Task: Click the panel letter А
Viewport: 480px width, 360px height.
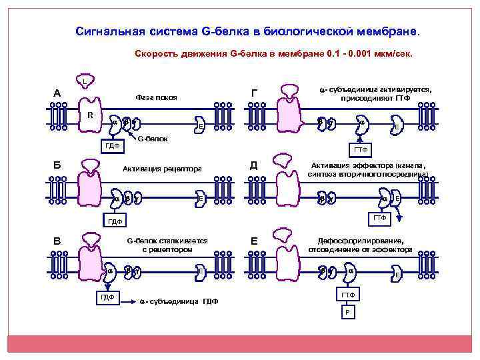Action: pos(57,93)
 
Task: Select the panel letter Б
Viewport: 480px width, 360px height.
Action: pos(57,165)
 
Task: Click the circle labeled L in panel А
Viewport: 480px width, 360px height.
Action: pos(85,82)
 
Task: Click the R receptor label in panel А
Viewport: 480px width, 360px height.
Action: pos(89,114)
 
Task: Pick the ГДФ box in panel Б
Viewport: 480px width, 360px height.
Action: pos(116,221)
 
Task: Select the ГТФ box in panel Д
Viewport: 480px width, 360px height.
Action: pos(379,218)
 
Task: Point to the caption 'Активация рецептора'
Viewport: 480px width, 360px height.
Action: pos(162,168)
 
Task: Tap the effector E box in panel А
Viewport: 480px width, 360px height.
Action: pos(201,127)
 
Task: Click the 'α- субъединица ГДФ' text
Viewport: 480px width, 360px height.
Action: pos(179,301)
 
